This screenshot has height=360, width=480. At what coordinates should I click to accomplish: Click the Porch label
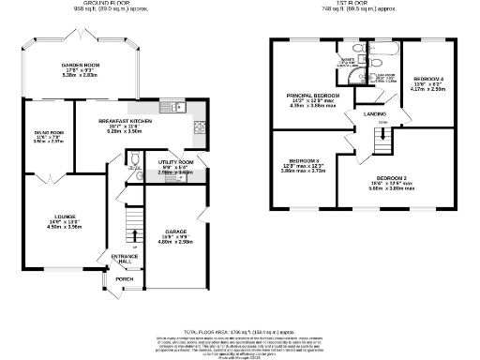124,279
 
